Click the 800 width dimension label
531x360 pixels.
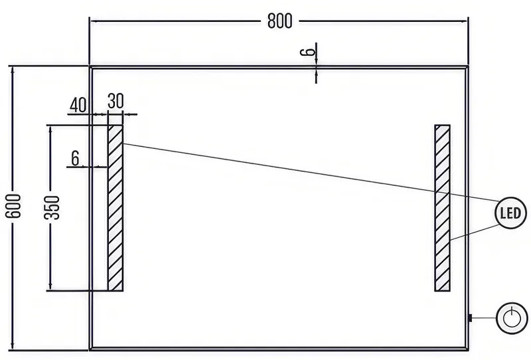pyautogui.click(x=279, y=21)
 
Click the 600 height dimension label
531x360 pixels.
pyautogui.click(x=14, y=206)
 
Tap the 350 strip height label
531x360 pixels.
pyautogui.click(x=52, y=207)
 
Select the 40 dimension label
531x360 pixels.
pyautogui.click(x=78, y=105)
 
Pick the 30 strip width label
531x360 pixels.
pyautogui.click(x=115, y=101)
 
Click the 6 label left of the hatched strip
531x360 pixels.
pyautogui.click(x=75, y=158)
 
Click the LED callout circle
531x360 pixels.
pyautogui.click(x=510, y=213)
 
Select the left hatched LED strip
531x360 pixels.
pyautogui.click(x=115, y=208)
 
